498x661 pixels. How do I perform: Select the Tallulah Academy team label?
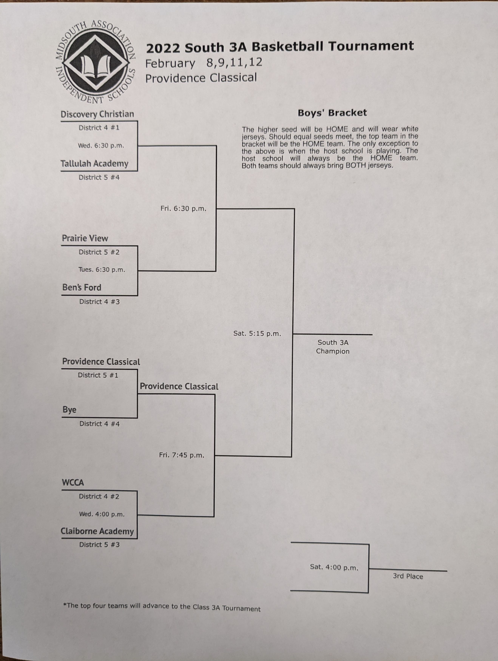[94, 164]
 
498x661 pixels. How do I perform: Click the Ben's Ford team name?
[82, 287]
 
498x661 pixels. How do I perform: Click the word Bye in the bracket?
[69, 410]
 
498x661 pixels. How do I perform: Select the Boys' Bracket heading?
[332, 113]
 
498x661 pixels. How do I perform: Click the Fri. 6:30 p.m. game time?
[183, 208]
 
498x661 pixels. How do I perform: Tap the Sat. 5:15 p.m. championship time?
[257, 334]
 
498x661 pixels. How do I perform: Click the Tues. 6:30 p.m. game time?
[102, 269]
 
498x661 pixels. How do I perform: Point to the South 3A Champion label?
[333, 347]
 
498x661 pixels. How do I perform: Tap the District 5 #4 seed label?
[99, 178]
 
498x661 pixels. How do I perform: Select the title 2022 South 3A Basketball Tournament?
[280, 47]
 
